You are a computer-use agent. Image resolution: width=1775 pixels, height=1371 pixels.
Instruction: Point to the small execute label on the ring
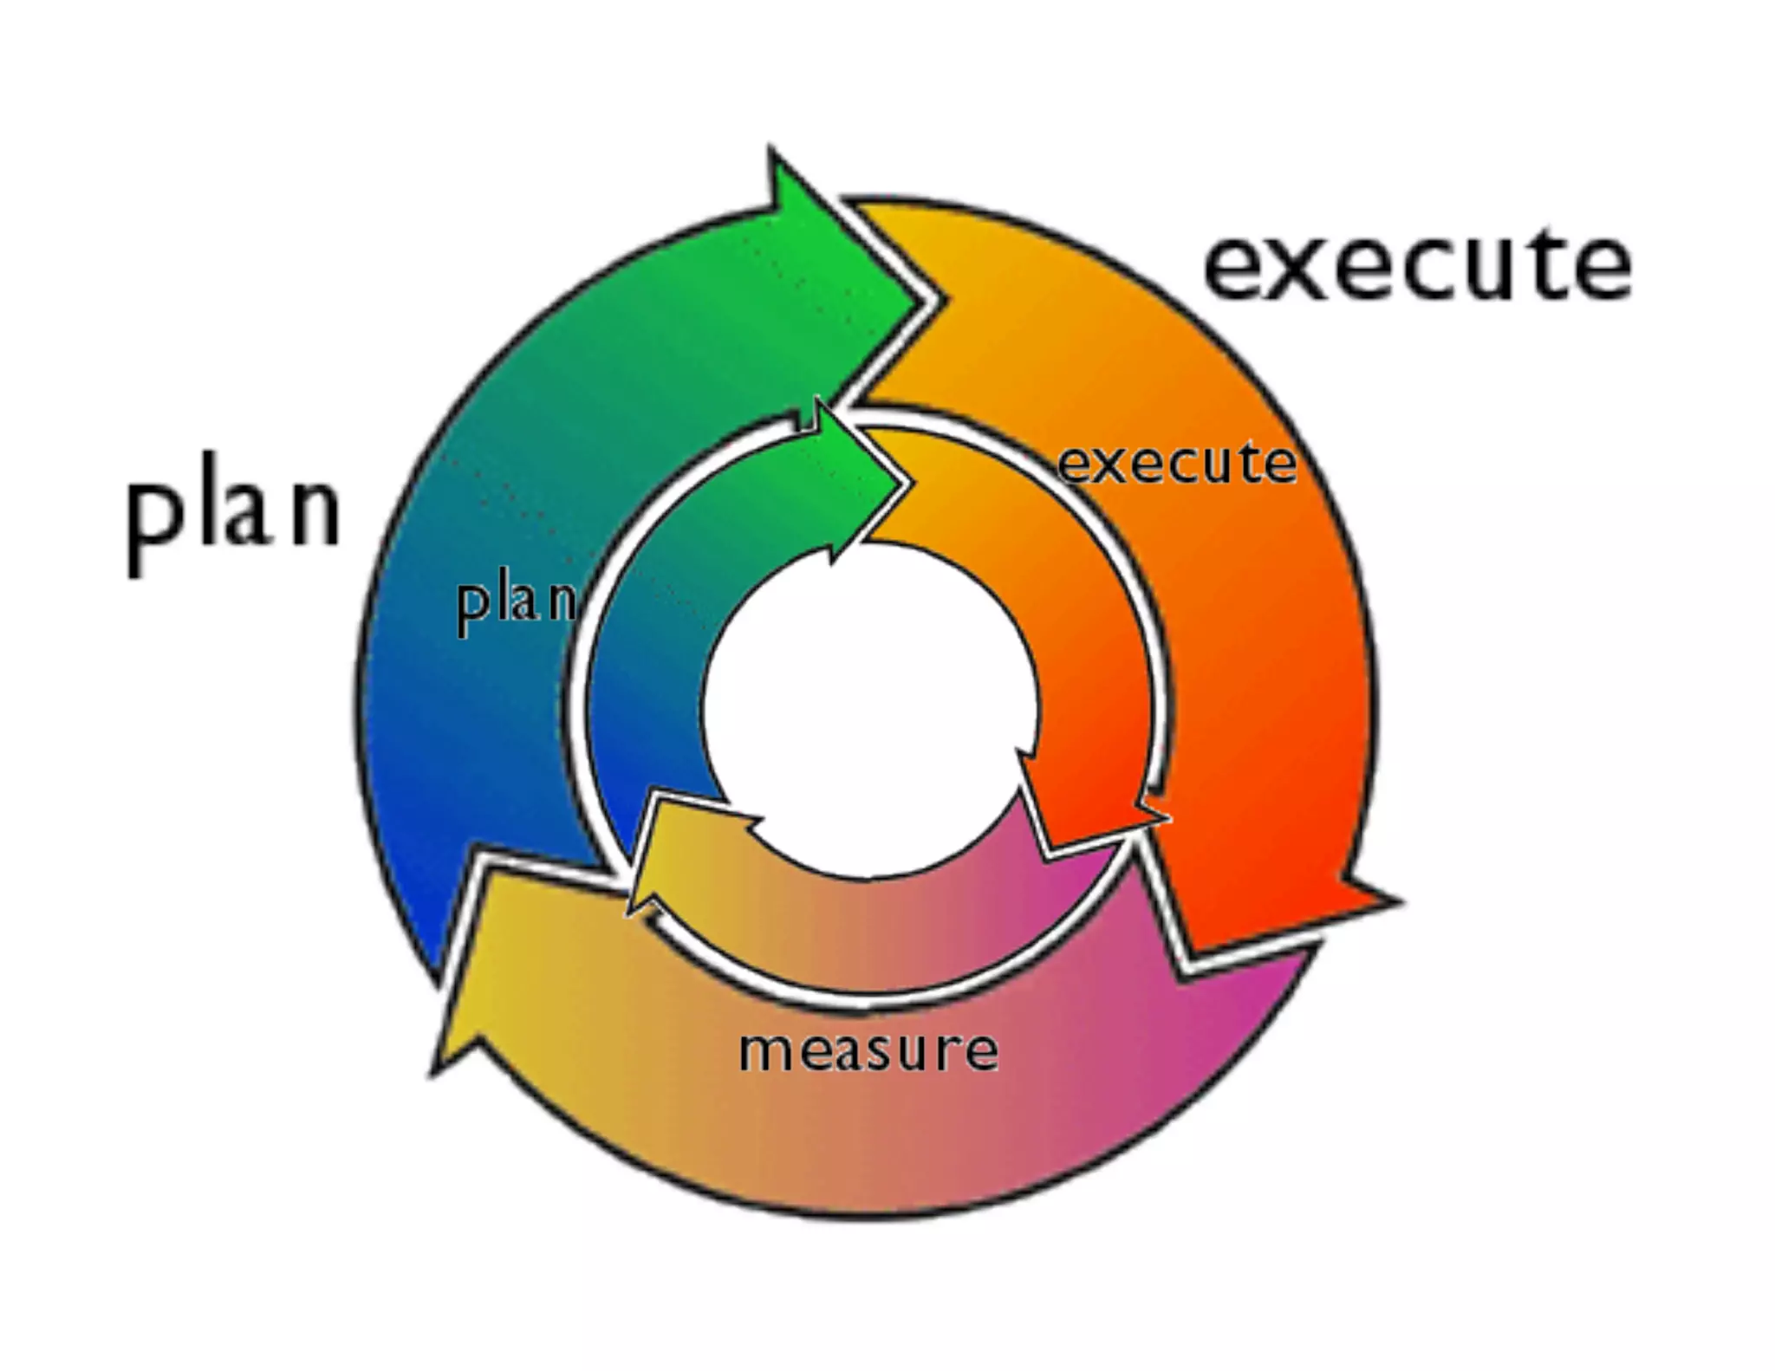[x=1177, y=464]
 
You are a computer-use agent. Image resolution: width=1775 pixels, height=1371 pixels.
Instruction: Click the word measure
[x=868, y=1049]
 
